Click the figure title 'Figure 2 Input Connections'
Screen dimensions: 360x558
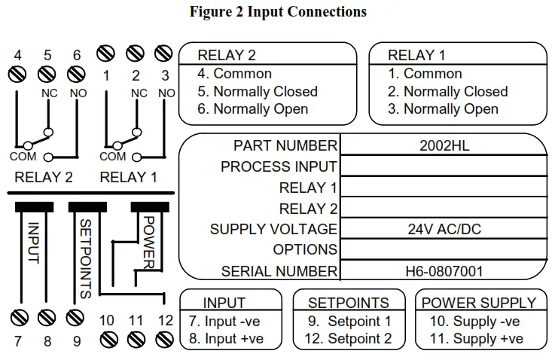click(x=278, y=11)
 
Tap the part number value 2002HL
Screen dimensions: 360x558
click(x=444, y=146)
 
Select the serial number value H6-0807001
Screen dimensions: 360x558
click(x=444, y=271)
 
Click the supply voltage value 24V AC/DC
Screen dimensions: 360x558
click(x=444, y=230)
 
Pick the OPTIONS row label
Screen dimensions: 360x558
click(x=305, y=250)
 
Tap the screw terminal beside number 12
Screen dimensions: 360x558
click(x=164, y=340)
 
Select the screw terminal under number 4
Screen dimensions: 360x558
click(x=18, y=74)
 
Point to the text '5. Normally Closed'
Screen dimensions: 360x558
click(x=258, y=92)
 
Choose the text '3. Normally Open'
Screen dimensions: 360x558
click(x=443, y=109)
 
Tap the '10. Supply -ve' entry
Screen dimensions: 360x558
click(x=474, y=322)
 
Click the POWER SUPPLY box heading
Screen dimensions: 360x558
click(x=479, y=303)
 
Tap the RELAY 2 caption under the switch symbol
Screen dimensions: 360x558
click(x=44, y=178)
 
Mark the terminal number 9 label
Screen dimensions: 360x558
click(x=76, y=341)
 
